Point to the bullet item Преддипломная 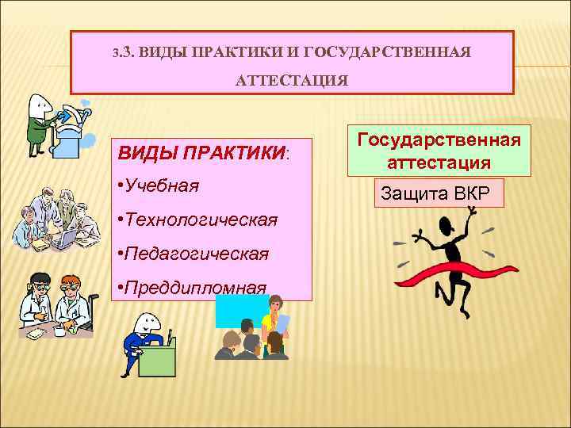point(194,287)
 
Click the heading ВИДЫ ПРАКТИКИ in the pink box point(200,151)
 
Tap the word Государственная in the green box point(438,139)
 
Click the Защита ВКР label point(435,193)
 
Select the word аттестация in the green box point(438,162)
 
